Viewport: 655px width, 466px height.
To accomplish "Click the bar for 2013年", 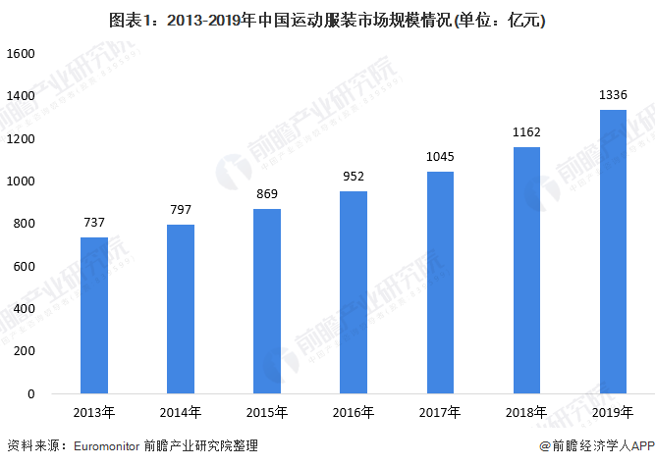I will click(x=94, y=315).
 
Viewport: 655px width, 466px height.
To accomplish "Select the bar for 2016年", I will click(x=354, y=292).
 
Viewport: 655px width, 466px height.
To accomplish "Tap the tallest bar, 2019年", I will click(x=613, y=251).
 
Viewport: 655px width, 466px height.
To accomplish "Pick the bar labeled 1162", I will click(x=526, y=270).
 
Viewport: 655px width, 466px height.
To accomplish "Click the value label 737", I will click(x=94, y=222).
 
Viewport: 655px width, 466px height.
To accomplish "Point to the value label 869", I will click(x=267, y=193).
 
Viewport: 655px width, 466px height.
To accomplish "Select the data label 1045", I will click(x=440, y=156).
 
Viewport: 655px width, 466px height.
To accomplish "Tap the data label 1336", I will click(x=613, y=94).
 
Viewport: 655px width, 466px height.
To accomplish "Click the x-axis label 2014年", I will click(x=181, y=412).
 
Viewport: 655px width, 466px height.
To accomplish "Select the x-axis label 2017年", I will click(x=440, y=412).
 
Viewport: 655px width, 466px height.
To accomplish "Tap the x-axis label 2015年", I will click(x=267, y=412).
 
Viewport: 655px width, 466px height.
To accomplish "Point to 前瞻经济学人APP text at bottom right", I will click(x=599, y=446).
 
